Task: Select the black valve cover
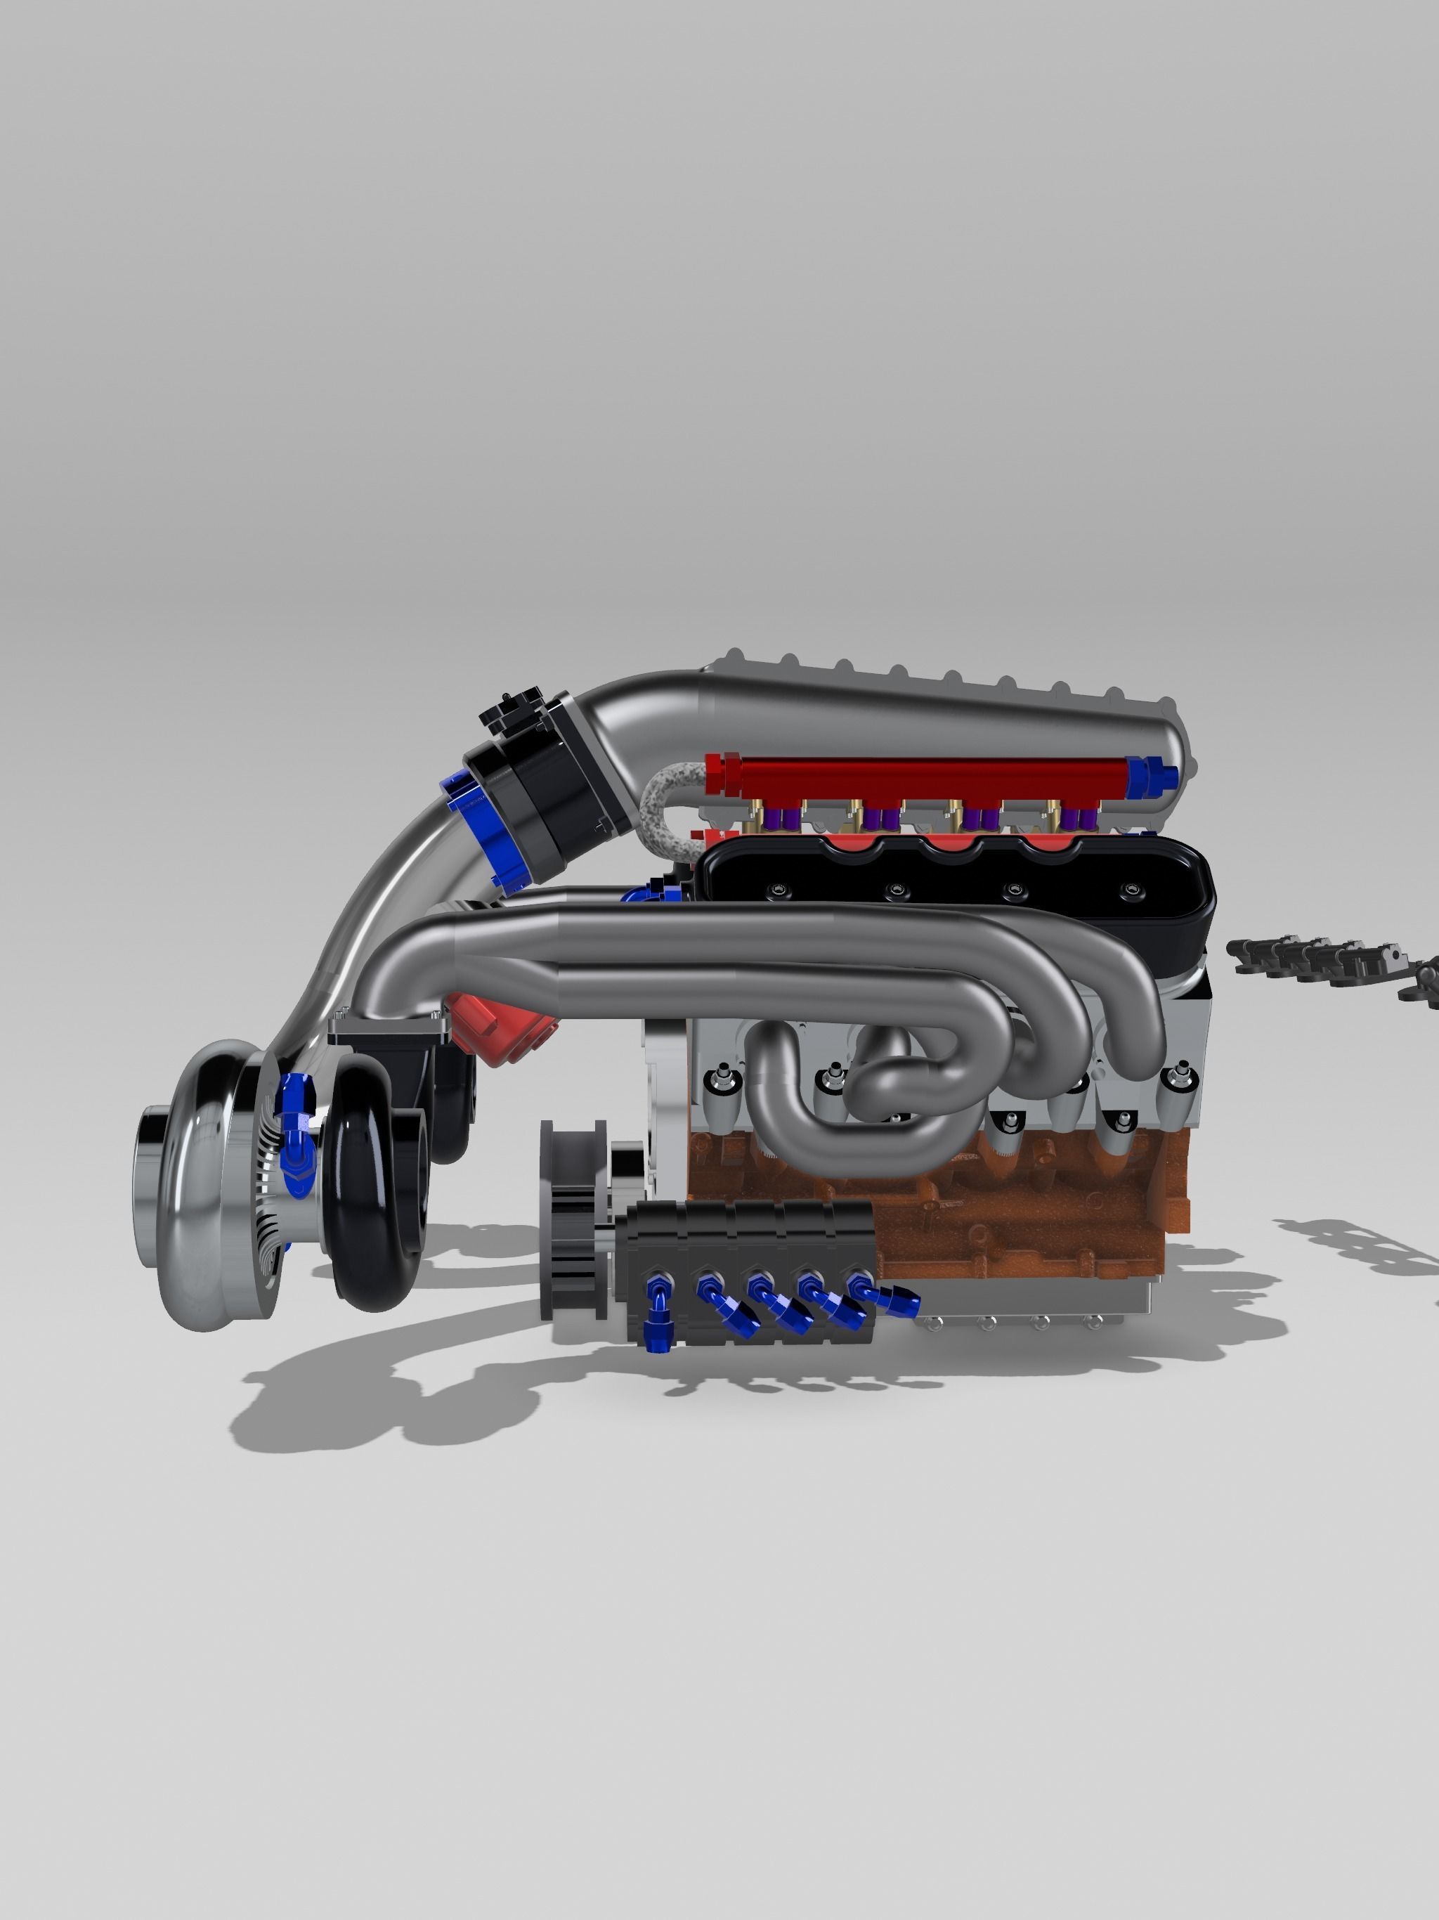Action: coord(955,876)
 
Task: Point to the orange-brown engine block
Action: coord(1024,1207)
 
